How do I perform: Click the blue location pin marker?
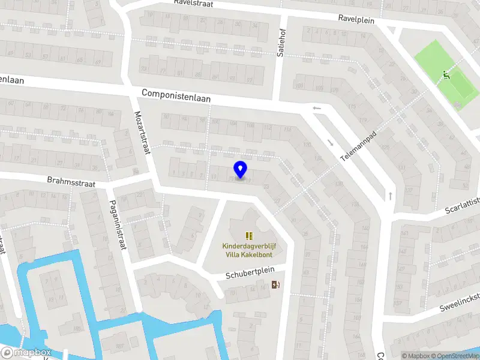[241, 170]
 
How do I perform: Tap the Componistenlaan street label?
[176, 95]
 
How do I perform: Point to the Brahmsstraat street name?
[72, 181]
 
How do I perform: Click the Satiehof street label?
[280, 43]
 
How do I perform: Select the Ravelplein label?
[356, 19]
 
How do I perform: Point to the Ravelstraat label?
[194, 2]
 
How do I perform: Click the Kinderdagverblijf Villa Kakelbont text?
[249, 250]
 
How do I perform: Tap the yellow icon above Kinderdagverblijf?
[249, 236]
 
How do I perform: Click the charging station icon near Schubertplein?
[275, 285]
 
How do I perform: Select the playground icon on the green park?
[445, 75]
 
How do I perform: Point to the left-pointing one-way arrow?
[317, 108]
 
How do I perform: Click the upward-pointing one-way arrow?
[390, 196]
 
